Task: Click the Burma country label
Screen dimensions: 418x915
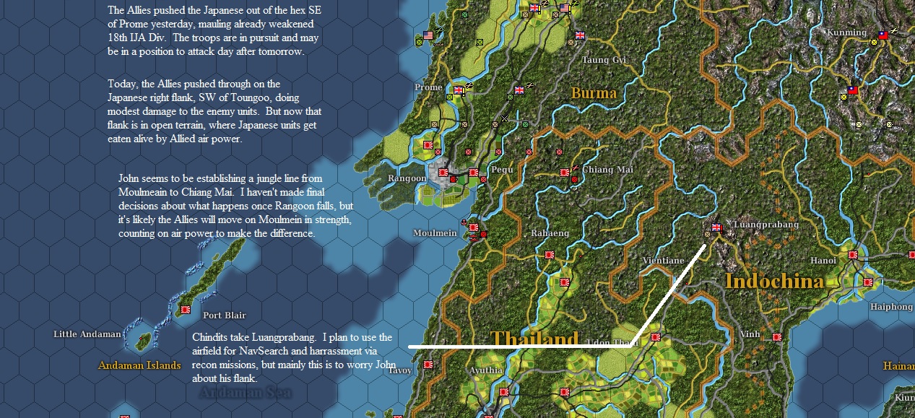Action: click(x=594, y=93)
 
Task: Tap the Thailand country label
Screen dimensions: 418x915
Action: click(x=534, y=339)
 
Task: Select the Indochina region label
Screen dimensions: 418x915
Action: click(x=773, y=281)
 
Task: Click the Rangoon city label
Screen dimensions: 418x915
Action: click(x=407, y=178)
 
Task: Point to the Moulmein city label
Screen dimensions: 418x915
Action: click(x=435, y=233)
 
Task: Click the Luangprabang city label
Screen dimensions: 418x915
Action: click(x=766, y=225)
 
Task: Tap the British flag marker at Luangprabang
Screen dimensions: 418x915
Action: click(x=716, y=227)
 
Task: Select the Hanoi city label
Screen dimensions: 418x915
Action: click(x=823, y=261)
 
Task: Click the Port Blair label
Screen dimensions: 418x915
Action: click(x=224, y=315)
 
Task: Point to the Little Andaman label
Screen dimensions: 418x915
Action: click(x=87, y=334)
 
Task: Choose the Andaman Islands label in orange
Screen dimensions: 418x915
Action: click(x=139, y=365)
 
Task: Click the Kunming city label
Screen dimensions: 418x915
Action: click(x=846, y=32)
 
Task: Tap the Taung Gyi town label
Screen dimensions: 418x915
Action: click(x=604, y=60)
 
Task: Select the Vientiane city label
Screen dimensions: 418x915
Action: click(x=663, y=261)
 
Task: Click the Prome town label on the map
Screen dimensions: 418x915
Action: click(x=428, y=87)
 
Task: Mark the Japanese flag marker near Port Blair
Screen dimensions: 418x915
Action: click(x=186, y=309)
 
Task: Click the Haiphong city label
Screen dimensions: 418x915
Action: click(x=891, y=307)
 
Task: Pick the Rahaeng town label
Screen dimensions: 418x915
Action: click(x=550, y=233)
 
